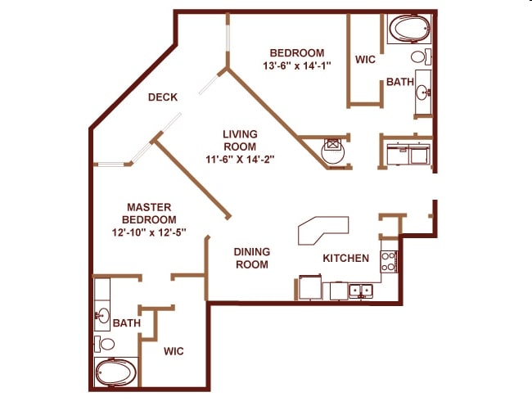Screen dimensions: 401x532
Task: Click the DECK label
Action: click(163, 97)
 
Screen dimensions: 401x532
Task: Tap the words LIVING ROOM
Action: click(240, 140)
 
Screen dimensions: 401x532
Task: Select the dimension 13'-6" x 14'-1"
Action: click(296, 66)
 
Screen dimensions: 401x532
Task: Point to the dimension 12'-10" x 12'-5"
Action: click(149, 232)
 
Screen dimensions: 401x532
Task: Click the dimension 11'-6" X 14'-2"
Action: click(240, 160)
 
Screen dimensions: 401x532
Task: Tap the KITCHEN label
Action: click(345, 259)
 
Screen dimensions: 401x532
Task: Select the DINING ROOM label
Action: click(252, 259)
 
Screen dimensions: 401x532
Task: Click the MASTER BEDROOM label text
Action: click(149, 214)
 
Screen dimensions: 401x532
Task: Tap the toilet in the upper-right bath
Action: click(421, 57)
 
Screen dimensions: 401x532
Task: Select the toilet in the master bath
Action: click(104, 343)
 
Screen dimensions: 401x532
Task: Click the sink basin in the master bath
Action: click(103, 315)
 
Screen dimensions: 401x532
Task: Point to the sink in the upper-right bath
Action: click(423, 92)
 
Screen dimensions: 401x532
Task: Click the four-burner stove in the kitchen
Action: click(389, 261)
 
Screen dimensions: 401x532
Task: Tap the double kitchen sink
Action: click(360, 290)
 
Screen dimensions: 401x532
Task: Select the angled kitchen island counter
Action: click(322, 230)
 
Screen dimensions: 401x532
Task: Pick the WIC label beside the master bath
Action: click(173, 352)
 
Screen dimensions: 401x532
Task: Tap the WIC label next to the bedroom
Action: click(365, 60)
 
